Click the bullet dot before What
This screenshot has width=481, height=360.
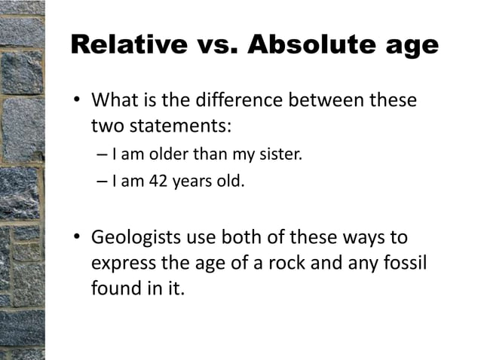pos(76,101)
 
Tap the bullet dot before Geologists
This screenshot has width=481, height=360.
pos(76,239)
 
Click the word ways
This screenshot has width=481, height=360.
pos(366,239)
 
